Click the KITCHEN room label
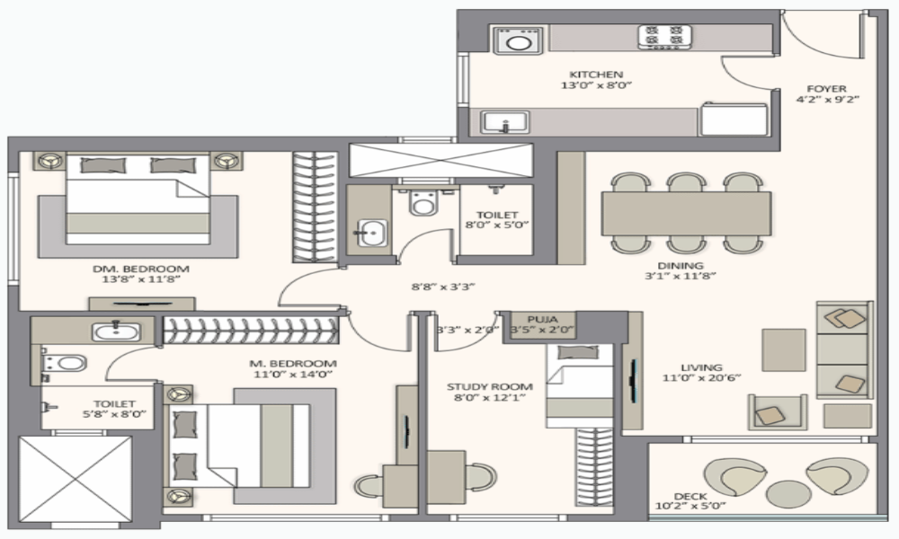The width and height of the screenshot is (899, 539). click(596, 75)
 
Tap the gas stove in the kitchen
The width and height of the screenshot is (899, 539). click(664, 37)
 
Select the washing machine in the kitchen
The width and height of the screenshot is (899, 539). click(519, 41)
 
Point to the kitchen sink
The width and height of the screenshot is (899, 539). click(504, 122)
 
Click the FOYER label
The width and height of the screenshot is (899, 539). click(826, 89)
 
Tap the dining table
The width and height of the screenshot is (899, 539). click(686, 214)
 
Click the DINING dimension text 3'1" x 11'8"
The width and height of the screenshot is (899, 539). click(681, 276)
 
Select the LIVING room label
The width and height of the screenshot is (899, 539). click(701, 367)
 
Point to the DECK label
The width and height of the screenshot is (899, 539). click(690, 496)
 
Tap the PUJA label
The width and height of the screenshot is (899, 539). click(542, 320)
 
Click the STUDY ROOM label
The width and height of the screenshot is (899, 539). click(490, 386)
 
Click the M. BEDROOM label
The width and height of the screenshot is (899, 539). click(293, 363)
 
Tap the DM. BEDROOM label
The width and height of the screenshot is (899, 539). click(141, 269)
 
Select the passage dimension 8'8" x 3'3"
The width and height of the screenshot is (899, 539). click(443, 287)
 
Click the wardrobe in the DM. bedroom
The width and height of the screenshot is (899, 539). click(315, 208)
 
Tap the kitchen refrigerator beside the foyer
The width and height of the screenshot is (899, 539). click(734, 119)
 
